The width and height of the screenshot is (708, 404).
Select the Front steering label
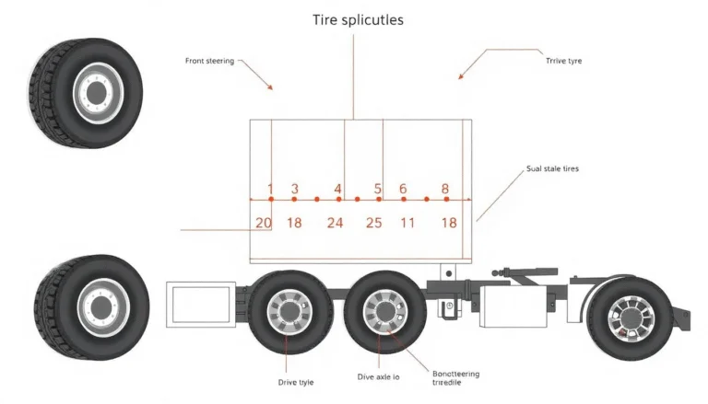[210, 61]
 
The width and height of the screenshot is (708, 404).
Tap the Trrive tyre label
[563, 61]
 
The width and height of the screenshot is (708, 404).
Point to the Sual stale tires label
[552, 169]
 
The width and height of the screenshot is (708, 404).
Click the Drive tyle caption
[296, 380]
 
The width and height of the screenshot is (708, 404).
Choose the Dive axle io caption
[378, 377]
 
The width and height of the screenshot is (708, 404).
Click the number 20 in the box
[264, 223]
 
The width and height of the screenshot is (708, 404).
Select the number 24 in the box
[335, 223]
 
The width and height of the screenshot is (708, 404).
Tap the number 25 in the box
[373, 223]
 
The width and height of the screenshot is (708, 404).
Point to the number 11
[407, 223]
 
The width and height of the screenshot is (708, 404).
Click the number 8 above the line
[445, 189]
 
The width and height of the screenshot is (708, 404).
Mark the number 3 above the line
[294, 189]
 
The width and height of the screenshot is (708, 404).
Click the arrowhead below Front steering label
[271, 87]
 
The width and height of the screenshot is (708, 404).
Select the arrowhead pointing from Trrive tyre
[461, 77]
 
